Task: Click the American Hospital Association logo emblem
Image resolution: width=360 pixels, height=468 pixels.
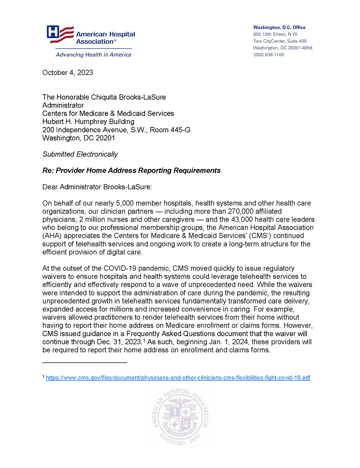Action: [60, 34]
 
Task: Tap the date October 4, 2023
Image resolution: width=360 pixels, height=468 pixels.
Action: [68, 72]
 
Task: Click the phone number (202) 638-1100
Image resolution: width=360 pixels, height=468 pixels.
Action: [268, 55]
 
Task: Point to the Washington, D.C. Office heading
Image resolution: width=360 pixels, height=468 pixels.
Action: [279, 27]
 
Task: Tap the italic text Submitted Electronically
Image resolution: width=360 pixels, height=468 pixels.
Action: [80, 154]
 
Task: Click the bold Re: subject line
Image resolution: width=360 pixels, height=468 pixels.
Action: [131, 171]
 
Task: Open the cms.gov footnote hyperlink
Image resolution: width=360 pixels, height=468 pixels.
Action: [178, 378]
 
